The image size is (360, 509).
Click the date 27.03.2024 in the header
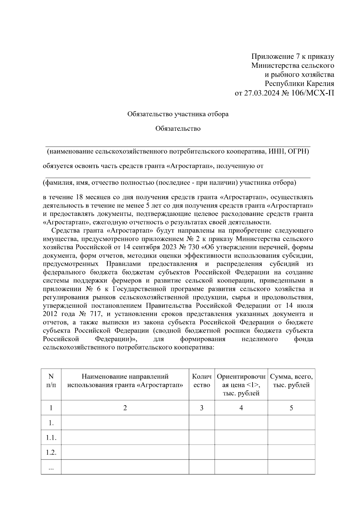(x=260, y=93)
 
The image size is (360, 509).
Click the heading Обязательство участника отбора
(x=178, y=114)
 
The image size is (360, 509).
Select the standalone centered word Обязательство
(x=178, y=129)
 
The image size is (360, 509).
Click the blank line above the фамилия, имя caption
(x=178, y=178)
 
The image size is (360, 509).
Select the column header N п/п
(x=51, y=381)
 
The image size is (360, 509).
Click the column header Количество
(x=202, y=381)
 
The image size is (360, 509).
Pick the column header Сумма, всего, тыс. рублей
(x=291, y=381)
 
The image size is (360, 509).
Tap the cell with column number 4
(x=241, y=408)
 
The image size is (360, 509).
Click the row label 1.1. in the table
(x=51, y=438)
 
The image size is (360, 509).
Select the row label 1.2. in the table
(x=51, y=452)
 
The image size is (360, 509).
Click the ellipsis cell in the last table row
(x=51, y=467)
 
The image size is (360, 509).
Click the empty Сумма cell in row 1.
(x=291, y=423)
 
